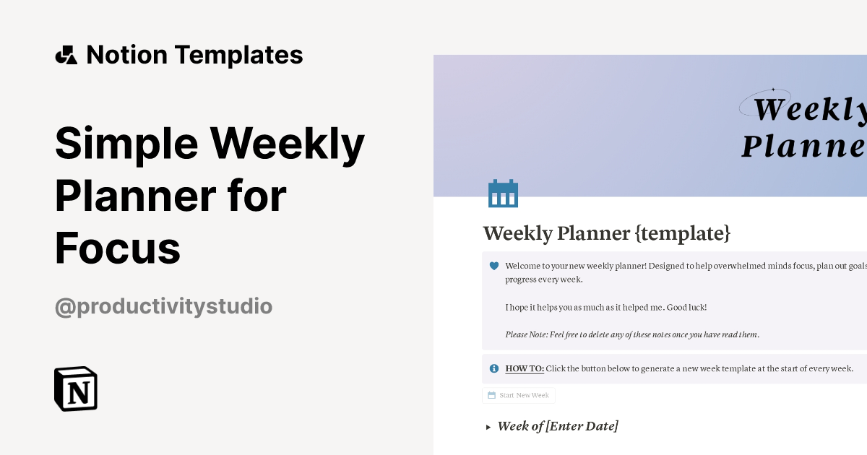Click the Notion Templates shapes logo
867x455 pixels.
point(66,55)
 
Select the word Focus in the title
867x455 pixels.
point(118,248)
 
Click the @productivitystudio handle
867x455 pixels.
point(163,306)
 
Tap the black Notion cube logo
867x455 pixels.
point(76,389)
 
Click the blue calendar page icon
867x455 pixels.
point(503,194)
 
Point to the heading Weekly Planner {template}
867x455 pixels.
point(607,233)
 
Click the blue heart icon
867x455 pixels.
point(494,266)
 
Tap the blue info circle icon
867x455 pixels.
point(494,368)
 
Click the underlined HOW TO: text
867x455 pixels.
point(525,368)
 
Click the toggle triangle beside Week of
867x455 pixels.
point(488,427)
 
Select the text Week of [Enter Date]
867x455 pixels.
point(558,426)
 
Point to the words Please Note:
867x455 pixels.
point(528,334)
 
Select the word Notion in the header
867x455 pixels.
point(127,55)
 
